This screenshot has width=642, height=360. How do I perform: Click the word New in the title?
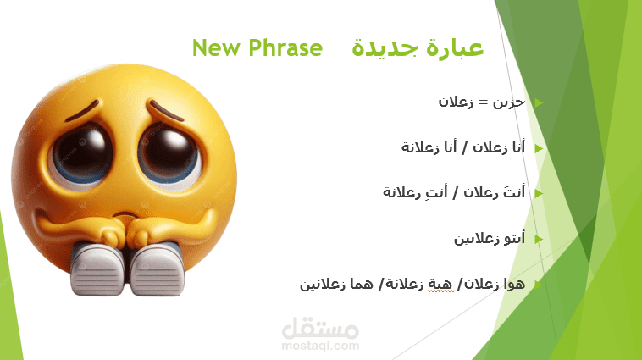click(216, 47)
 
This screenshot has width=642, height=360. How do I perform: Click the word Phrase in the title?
click(285, 47)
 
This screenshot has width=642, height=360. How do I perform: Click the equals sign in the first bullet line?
click(484, 102)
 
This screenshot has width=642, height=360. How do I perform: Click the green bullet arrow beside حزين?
click(539, 102)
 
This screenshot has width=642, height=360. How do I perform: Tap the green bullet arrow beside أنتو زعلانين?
click(539, 239)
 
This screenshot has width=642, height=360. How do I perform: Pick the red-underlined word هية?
click(441, 285)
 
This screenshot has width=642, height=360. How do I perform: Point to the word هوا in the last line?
click(514, 284)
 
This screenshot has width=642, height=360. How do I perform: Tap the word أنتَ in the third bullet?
click(514, 191)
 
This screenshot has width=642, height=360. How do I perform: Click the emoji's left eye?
click(83, 153)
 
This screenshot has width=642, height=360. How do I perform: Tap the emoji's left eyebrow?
click(82, 112)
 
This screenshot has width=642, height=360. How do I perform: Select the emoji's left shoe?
click(97, 269)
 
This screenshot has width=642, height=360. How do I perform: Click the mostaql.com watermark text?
click(320, 346)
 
